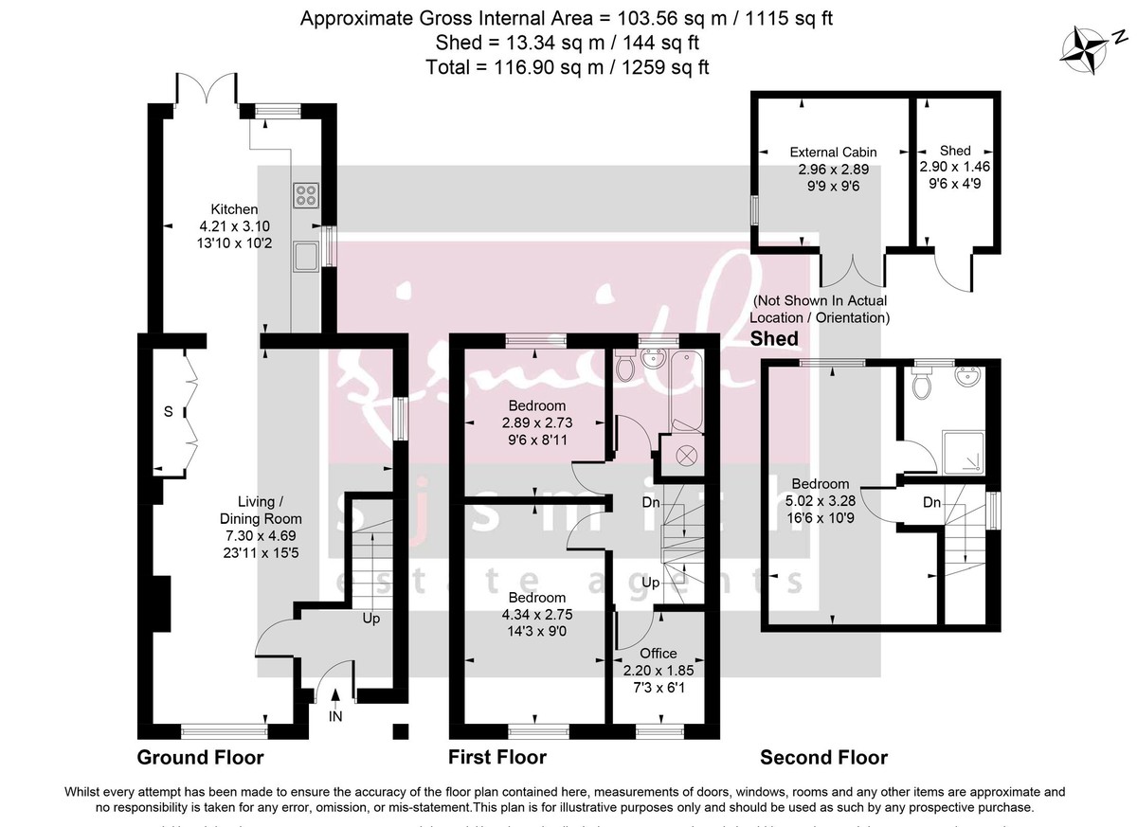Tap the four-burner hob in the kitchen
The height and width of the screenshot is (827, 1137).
point(306,195)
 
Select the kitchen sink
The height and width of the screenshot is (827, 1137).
point(306,256)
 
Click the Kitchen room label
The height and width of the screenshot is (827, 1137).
point(234,209)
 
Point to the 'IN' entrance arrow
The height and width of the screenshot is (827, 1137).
point(334,709)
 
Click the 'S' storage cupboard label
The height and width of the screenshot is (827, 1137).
point(168,412)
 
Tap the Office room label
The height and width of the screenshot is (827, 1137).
point(658,653)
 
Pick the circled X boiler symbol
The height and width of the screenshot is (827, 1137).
point(685,457)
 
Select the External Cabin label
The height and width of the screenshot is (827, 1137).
point(833,152)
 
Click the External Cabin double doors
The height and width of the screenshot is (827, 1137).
point(854,270)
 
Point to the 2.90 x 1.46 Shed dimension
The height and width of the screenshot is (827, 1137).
point(954,166)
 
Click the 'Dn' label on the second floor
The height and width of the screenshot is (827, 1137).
point(931,502)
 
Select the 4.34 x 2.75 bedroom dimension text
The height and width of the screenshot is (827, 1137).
point(537,614)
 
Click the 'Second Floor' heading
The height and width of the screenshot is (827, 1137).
point(823,757)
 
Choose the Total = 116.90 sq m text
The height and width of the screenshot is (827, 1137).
point(568,67)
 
